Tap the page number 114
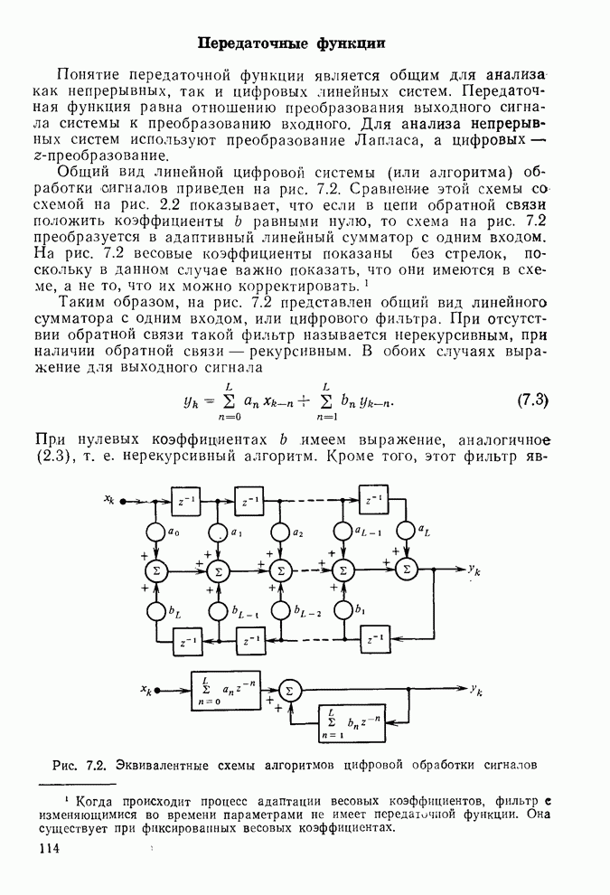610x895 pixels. pos(53,850)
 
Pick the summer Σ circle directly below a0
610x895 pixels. pos(155,570)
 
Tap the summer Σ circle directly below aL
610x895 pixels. pos(407,570)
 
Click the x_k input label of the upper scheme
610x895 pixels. pos(109,498)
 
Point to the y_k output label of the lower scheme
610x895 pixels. pos(476,689)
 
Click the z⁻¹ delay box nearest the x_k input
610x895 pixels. pos(189,499)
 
